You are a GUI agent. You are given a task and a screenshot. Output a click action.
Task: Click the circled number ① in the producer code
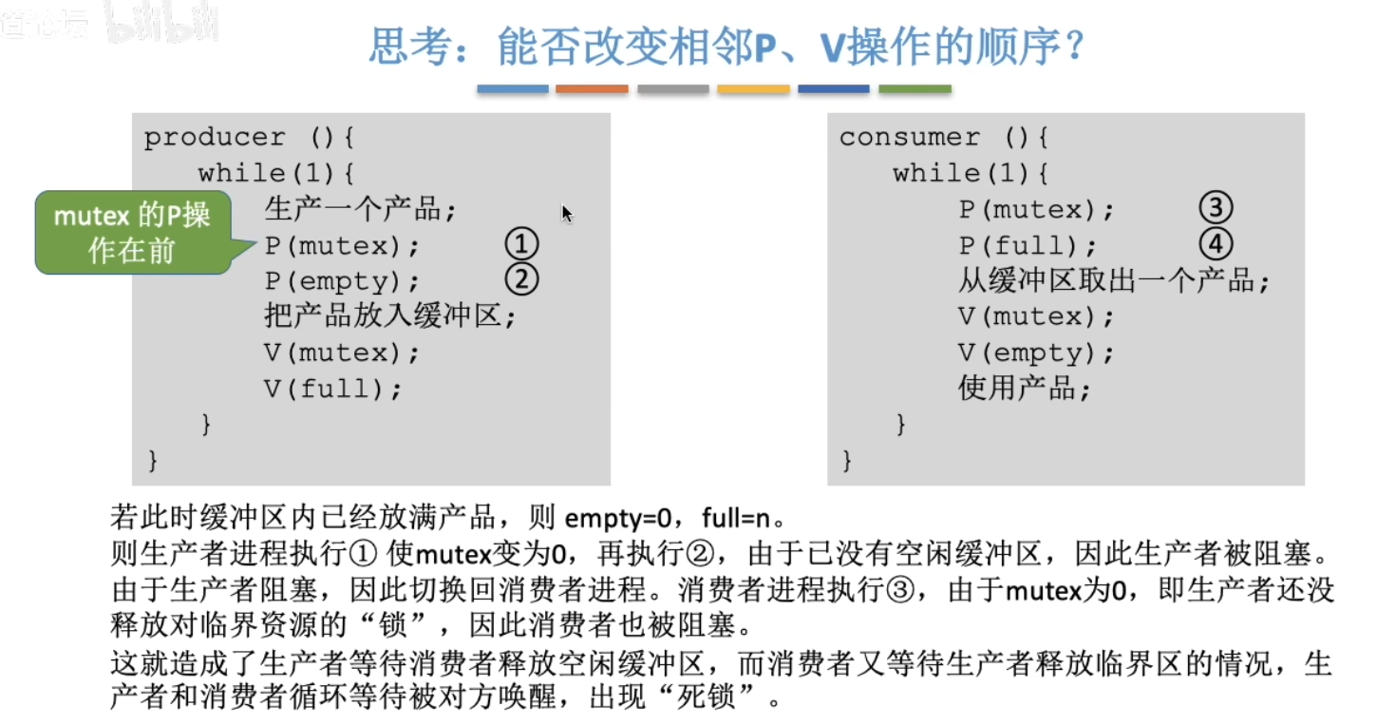[x=521, y=245]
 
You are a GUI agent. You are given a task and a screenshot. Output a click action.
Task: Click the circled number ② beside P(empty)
[x=521, y=280]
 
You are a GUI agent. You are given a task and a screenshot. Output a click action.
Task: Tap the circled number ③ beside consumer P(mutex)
[x=1215, y=209]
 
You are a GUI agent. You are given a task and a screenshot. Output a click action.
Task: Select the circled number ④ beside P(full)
[x=1215, y=245]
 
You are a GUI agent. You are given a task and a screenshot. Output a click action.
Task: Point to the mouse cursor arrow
[x=566, y=213]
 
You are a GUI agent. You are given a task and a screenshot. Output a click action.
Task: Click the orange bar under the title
[x=592, y=89]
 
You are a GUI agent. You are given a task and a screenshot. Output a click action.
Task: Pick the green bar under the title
[x=915, y=89]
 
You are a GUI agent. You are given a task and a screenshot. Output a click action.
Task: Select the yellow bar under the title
[x=753, y=89]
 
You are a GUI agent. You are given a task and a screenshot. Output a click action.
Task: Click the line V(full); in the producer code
[x=333, y=389]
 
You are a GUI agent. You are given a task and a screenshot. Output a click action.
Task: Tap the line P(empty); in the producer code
[x=342, y=281]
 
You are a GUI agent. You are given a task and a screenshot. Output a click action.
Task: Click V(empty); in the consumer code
[x=1036, y=353]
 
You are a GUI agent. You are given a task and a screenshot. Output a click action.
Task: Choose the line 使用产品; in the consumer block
[x=1025, y=389]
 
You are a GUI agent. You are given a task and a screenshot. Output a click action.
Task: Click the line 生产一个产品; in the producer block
[x=360, y=209]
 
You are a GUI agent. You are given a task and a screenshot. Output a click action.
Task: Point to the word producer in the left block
[x=215, y=138]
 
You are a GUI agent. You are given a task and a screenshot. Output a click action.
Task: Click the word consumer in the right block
[x=909, y=138]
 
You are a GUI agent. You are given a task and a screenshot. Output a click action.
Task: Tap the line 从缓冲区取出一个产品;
[x=1114, y=281]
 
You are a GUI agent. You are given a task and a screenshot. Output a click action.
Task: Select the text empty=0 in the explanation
[x=618, y=519]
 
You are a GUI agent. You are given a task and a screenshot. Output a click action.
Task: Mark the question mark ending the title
[x=1074, y=48]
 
